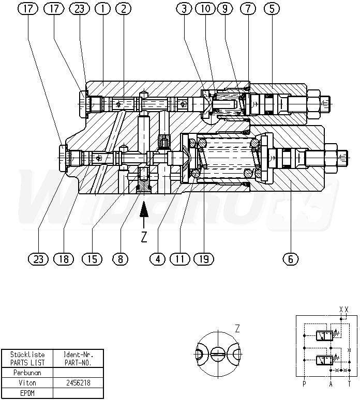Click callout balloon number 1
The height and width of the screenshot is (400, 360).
(x=102, y=9)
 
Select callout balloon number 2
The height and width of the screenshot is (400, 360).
(x=123, y=9)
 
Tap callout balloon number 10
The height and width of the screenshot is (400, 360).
(x=205, y=9)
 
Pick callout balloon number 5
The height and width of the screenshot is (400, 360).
(x=272, y=9)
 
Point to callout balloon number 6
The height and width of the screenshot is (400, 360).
(x=291, y=259)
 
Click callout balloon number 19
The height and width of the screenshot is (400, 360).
(x=204, y=259)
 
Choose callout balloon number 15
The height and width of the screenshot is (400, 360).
(x=92, y=259)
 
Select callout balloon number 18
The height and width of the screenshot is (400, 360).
(x=64, y=259)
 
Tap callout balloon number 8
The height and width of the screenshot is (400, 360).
(x=120, y=259)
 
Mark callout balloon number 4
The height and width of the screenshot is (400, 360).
(x=158, y=259)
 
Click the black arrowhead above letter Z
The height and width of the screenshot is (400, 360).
(x=144, y=209)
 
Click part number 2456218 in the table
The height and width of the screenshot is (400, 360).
(x=78, y=382)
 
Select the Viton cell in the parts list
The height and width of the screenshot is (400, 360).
(x=27, y=382)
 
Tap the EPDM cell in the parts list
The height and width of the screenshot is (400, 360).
(x=27, y=393)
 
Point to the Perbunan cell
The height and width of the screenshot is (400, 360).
(x=27, y=373)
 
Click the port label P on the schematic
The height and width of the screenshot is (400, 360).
(x=304, y=383)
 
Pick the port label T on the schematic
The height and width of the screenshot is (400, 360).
(x=349, y=383)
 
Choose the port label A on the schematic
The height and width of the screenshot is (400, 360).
(x=331, y=383)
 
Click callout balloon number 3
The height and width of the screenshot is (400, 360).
(x=184, y=9)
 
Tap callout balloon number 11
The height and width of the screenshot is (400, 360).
(x=180, y=259)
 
